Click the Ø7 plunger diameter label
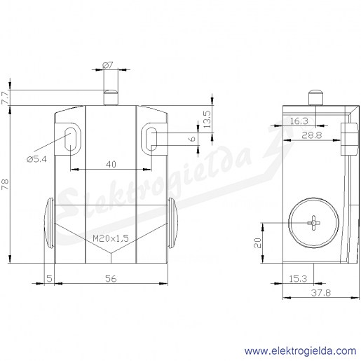click(x=108, y=65)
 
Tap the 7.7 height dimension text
click(x=5, y=97)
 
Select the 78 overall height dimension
click(x=5, y=184)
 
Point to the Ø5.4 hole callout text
click(x=36, y=159)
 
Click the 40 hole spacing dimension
click(x=111, y=164)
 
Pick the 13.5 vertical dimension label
click(x=207, y=119)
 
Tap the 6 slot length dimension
click(x=192, y=139)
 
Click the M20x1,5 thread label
click(x=111, y=238)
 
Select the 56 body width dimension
click(x=111, y=278)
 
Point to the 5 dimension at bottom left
click(x=49, y=278)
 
